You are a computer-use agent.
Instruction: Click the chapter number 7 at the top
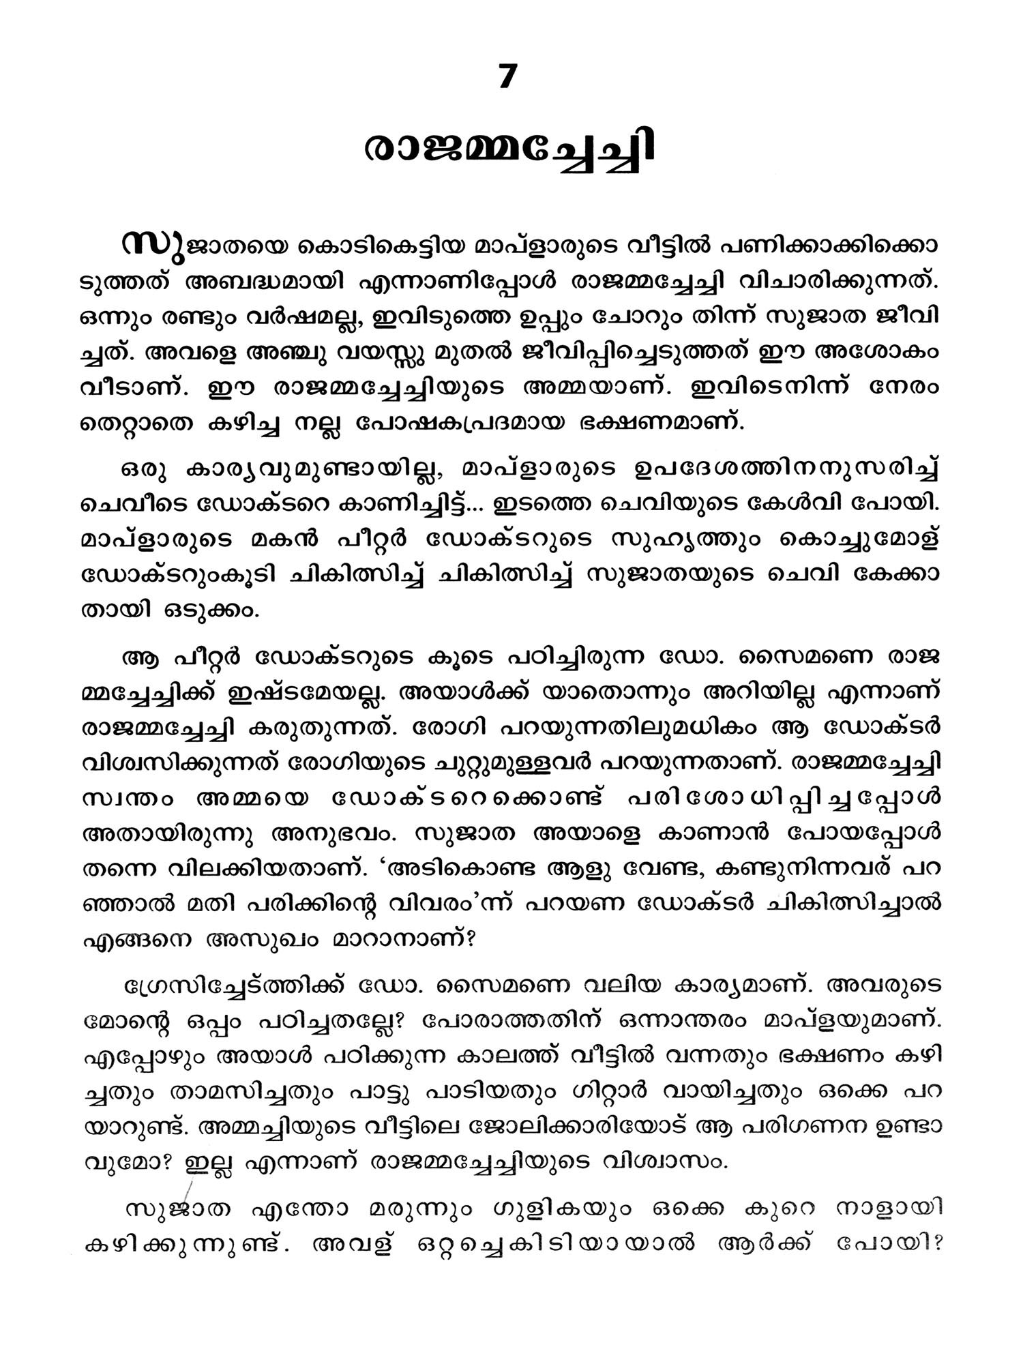tap(507, 78)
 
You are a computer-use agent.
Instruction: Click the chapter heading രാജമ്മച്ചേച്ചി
tap(509, 155)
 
